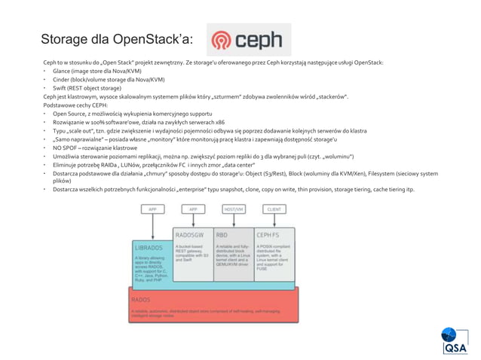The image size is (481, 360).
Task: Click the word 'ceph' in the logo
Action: pyautogui.click(x=262, y=39)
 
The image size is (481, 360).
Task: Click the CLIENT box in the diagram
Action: pyautogui.click(x=274, y=209)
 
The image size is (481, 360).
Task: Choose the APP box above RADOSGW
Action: pyautogui.click(x=192, y=209)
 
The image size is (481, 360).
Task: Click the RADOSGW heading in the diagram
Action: pyautogui.click(x=190, y=234)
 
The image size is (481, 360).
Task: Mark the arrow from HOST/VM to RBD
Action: pyautogui.click(x=233, y=220)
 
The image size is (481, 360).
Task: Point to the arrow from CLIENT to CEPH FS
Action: pyautogui.click(x=274, y=220)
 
